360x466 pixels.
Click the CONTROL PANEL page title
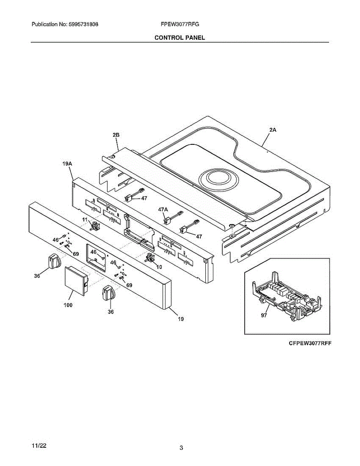[x=179, y=38]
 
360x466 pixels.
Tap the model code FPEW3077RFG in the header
[x=179, y=24]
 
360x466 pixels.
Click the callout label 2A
[x=273, y=130]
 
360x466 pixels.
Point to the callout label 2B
[x=116, y=135]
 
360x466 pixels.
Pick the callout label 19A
[x=68, y=164]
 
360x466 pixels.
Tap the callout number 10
[x=159, y=267]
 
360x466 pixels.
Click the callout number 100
[x=68, y=305]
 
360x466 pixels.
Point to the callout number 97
[x=264, y=315]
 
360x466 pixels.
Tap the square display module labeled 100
[x=75, y=280]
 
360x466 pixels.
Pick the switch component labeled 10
[x=149, y=257]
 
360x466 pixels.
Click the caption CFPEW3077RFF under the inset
[x=310, y=344]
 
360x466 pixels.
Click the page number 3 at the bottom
[x=181, y=448]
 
